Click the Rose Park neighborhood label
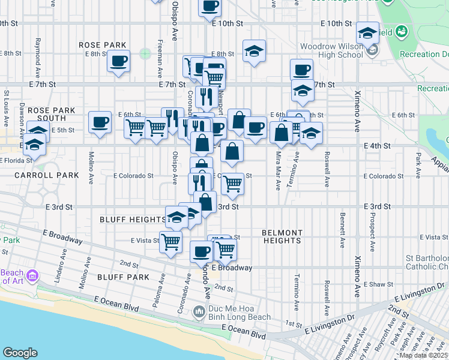coord(103,45)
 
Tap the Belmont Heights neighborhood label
coord(282,236)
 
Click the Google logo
coord(20,353)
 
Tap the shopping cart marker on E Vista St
coord(171,242)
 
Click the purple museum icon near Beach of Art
coord(32,277)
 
